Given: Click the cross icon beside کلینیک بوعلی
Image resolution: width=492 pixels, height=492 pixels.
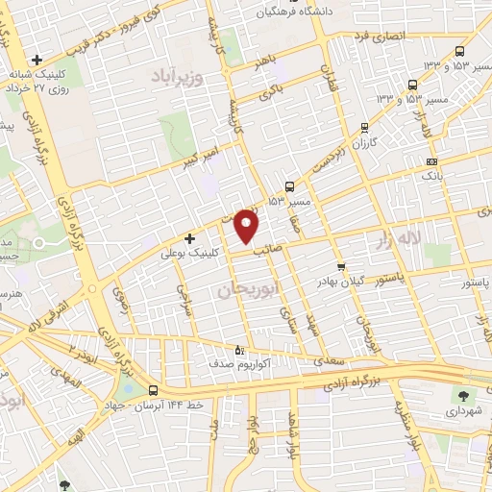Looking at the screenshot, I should [x=189, y=238].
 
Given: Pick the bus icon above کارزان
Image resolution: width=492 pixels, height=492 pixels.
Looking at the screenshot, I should [x=364, y=128].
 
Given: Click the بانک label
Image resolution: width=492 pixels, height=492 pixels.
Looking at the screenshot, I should [x=432, y=176].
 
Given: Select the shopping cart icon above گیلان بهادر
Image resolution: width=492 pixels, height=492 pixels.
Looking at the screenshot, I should [x=340, y=267].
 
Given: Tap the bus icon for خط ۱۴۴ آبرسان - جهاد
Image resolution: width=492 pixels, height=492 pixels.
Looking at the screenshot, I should [x=154, y=390].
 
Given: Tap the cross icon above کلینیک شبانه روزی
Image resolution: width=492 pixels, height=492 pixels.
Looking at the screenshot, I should [x=37, y=59].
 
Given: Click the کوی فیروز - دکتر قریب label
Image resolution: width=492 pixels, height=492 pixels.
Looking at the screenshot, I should [x=112, y=28].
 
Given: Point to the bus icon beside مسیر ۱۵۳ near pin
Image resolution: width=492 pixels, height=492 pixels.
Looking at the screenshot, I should [x=290, y=188].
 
